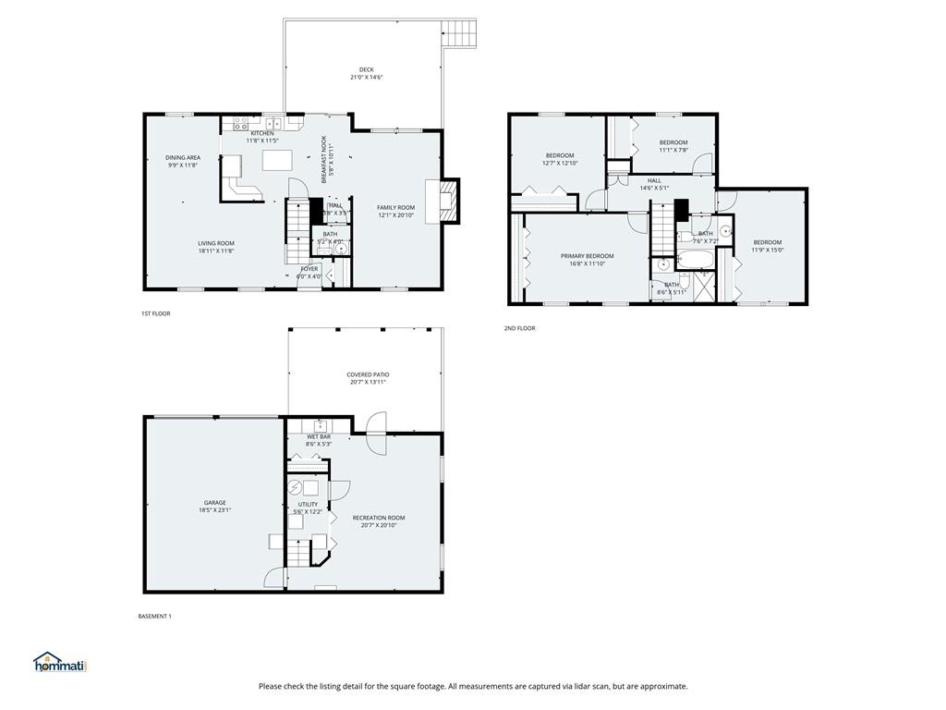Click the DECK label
pyautogui.click(x=366, y=69)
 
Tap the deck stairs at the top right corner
pyautogui.click(x=459, y=35)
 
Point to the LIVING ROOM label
pyautogui.click(x=216, y=243)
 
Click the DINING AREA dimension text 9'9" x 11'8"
pyautogui.click(x=183, y=165)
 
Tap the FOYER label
pyautogui.click(x=309, y=268)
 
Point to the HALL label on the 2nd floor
pyautogui.click(x=654, y=180)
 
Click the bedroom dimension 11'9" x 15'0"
pyautogui.click(x=767, y=250)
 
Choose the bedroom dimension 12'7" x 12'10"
pyautogui.click(x=560, y=164)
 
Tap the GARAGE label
pyautogui.click(x=215, y=503)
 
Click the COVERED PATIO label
pyautogui.click(x=367, y=374)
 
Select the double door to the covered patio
pyautogui.click(x=376, y=434)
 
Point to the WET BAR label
pyautogui.click(x=319, y=436)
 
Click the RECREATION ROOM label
pyautogui.click(x=379, y=518)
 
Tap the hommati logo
pyautogui.click(x=59, y=662)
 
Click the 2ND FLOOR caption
pyautogui.click(x=519, y=328)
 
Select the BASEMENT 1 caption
pyautogui.click(x=155, y=617)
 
